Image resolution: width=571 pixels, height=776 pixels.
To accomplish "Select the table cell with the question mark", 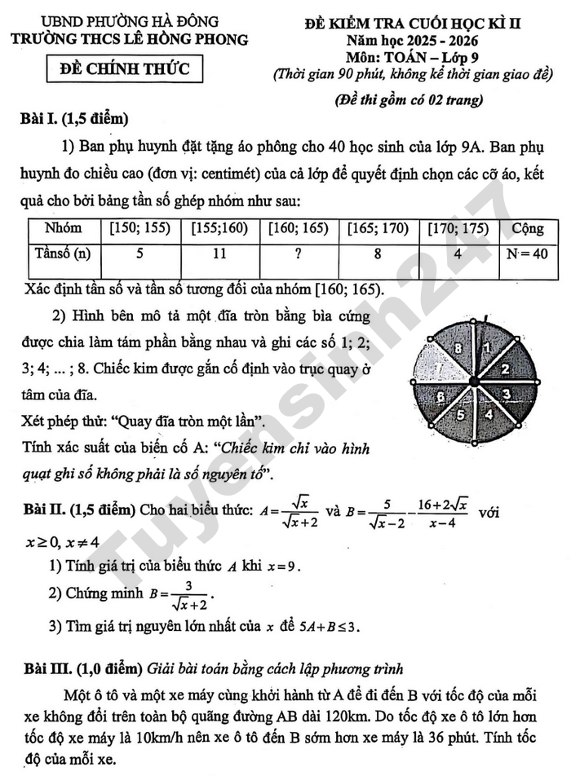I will point(298,254).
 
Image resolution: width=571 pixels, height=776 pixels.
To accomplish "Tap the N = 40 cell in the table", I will point(526,254).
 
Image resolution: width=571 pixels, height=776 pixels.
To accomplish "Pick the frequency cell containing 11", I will point(219,254).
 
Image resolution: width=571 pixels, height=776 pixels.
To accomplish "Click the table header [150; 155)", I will point(139,229).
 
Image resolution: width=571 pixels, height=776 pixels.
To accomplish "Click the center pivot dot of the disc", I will point(472,382).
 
